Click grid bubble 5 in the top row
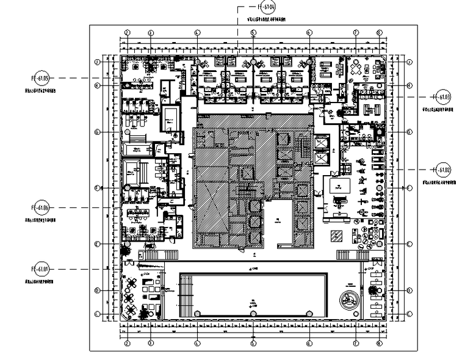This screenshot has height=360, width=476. [x=252, y=32]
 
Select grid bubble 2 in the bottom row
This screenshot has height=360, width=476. [x=128, y=343]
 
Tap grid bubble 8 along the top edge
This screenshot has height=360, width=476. [x=379, y=32]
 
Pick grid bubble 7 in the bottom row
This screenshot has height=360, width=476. [x=355, y=343]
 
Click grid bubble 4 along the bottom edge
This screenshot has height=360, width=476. [x=197, y=343]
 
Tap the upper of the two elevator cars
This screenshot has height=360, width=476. [x=321, y=142]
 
